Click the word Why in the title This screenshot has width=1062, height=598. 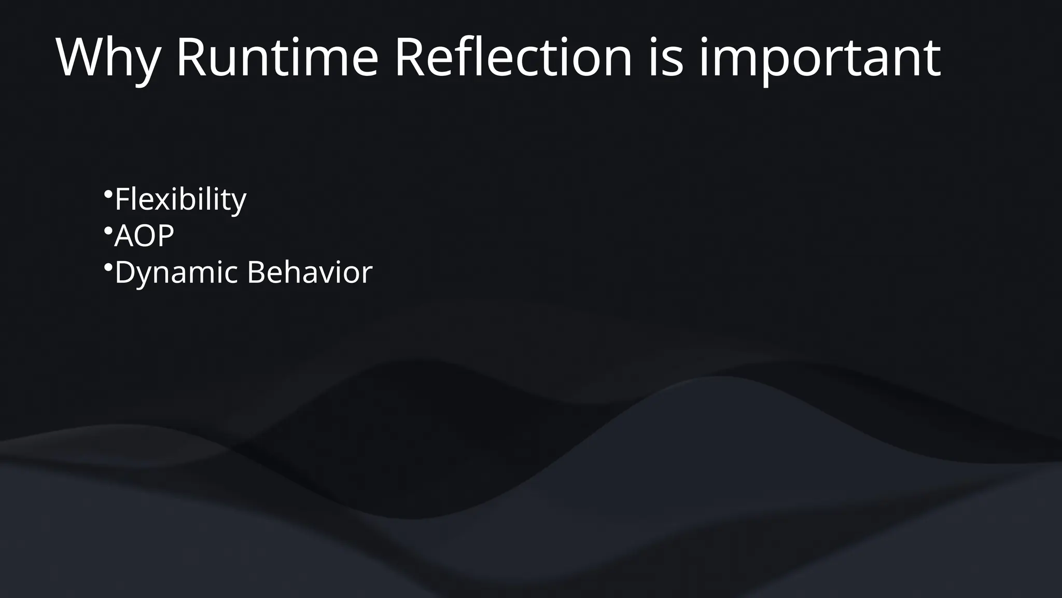[107, 58]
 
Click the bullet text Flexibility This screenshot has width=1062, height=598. [180, 199]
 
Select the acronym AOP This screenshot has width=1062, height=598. [144, 236]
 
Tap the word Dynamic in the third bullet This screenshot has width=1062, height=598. [176, 273]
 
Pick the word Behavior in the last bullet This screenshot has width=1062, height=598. [310, 272]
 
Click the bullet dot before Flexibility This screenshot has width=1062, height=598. [108, 194]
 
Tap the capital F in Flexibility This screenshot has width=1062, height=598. [122, 199]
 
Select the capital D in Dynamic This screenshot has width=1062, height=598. [125, 272]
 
